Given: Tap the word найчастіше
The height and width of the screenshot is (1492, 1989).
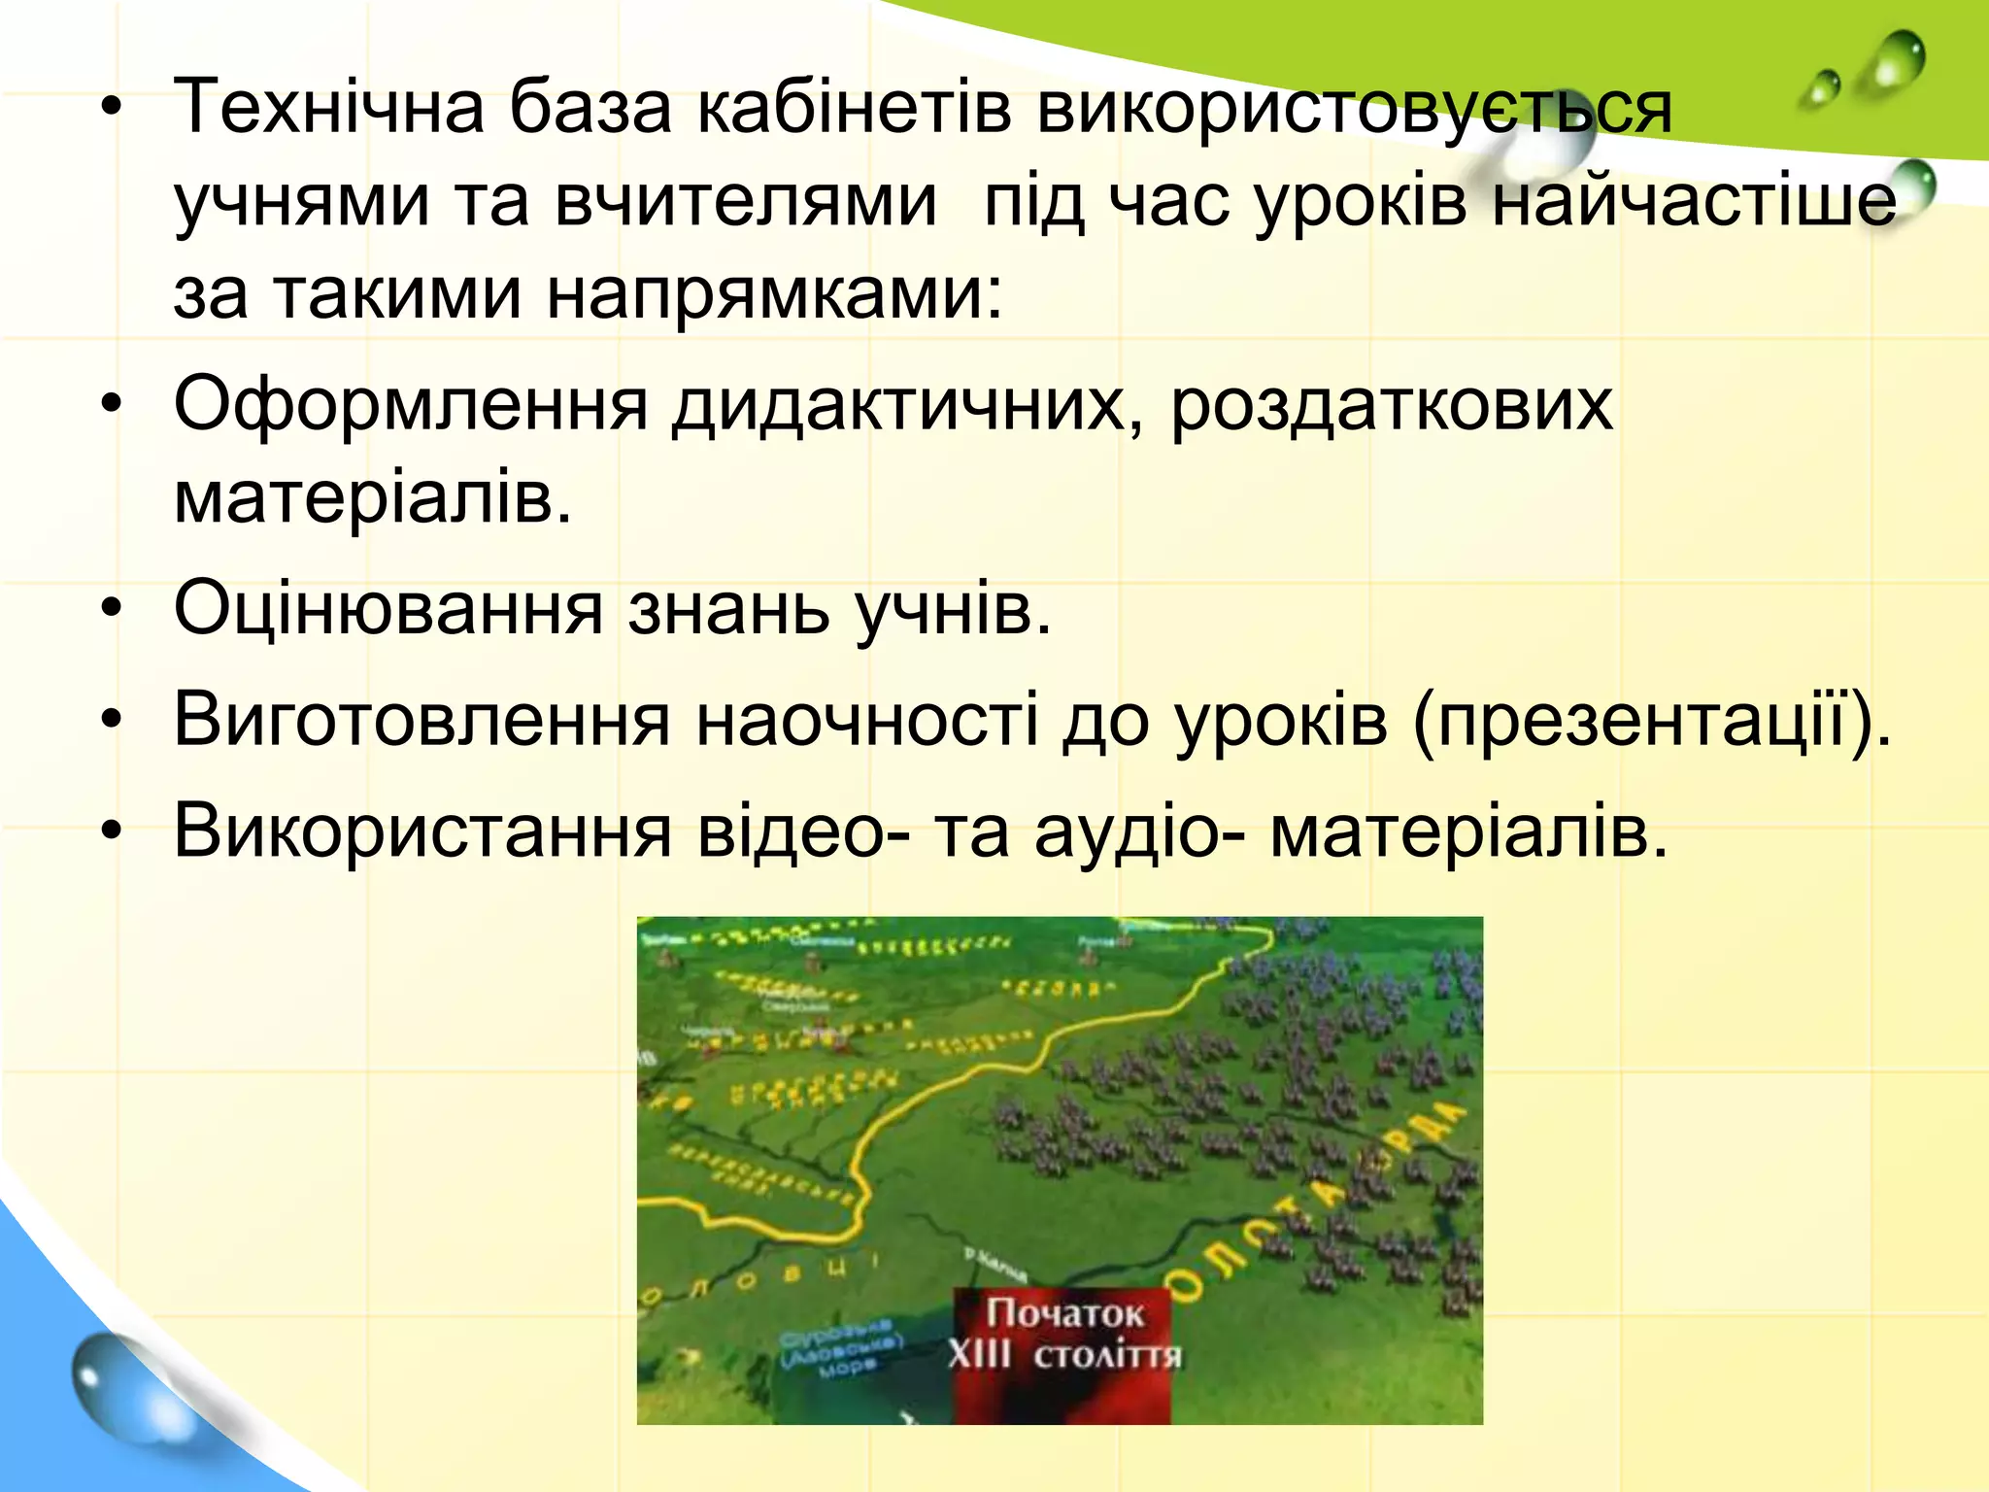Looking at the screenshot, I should [1694, 202].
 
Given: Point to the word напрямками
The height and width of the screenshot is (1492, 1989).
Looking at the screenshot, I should [773, 293].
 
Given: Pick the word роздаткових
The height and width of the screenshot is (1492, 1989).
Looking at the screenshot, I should [1391, 404].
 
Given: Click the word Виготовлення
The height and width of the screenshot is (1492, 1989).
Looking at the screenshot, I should [421, 721].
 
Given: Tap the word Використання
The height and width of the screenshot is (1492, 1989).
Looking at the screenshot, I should [421, 832].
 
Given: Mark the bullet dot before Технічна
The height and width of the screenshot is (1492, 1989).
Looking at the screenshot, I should [114, 107].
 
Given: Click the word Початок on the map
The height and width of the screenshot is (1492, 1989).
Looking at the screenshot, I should [1064, 1313].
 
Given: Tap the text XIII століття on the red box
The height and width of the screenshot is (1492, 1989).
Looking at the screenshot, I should [1064, 1354].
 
